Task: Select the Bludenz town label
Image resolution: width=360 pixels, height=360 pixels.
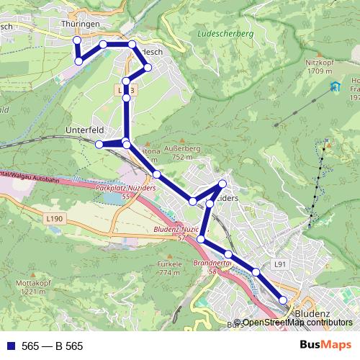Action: [312, 314]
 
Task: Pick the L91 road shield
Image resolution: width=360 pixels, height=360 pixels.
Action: [281, 265]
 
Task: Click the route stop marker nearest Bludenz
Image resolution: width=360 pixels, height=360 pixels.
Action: [283, 300]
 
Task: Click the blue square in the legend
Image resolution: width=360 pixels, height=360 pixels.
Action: [10, 346]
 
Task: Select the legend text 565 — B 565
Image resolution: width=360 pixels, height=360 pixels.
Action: [53, 346]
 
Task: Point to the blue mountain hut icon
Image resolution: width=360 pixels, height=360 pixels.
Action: [334, 87]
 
